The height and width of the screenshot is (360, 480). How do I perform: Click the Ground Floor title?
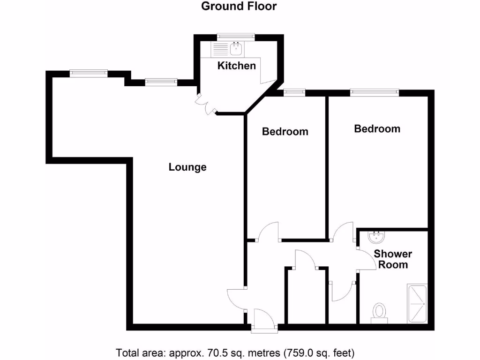[x=239, y=6]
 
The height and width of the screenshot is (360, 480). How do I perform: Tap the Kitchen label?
[x=237, y=66]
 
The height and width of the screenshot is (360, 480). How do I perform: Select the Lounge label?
[x=187, y=167]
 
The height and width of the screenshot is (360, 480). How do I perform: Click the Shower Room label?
[x=393, y=259]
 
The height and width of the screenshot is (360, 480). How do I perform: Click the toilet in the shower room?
[x=379, y=313]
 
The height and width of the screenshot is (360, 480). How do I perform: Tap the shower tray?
[x=417, y=304]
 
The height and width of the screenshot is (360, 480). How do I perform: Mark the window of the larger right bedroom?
[x=375, y=92]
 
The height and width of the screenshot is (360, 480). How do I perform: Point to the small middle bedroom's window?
[x=294, y=92]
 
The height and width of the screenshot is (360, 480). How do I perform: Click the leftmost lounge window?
[x=89, y=73]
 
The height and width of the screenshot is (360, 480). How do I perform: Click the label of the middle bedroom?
[x=285, y=131]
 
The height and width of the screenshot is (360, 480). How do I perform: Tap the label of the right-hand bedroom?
[x=377, y=128]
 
